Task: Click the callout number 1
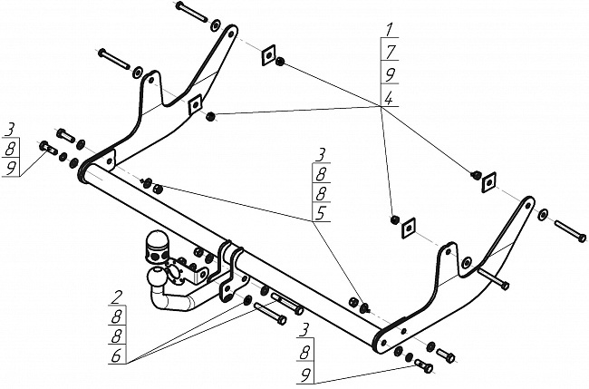391,30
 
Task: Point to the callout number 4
389,98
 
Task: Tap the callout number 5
321,213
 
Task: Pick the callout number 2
117,298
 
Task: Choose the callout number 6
116,356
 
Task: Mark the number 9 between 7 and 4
391,74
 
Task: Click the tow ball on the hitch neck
156,279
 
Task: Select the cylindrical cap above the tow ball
156,247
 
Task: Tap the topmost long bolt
191,12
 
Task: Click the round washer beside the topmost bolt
217,24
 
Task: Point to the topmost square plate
268,55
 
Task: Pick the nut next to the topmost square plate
280,62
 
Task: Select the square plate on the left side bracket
195,104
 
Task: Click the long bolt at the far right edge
570,231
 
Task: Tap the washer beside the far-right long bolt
543,216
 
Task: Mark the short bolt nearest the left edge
48,148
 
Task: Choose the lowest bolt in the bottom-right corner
424,365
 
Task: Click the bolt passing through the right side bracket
493,277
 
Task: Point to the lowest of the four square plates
409,228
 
